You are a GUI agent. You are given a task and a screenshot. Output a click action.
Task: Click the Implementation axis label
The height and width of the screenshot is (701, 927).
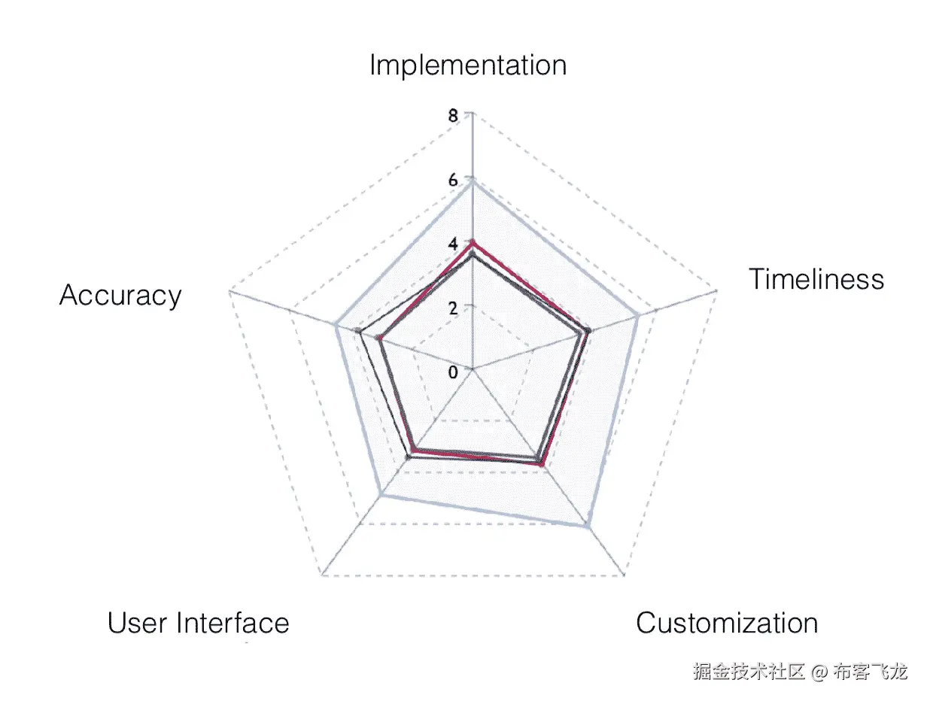(467, 65)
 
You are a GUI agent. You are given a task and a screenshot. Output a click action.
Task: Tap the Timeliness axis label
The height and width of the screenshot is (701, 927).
(816, 280)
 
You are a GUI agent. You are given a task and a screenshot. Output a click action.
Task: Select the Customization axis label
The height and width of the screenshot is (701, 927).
(727, 624)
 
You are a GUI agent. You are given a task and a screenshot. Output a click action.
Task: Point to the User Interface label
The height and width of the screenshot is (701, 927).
(198, 624)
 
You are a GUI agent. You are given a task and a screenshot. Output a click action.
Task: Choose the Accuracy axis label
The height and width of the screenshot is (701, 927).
(120, 295)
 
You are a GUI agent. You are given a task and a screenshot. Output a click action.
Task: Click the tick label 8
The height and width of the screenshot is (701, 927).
(452, 117)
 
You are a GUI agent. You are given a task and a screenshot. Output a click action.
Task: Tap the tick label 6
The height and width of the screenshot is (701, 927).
(452, 181)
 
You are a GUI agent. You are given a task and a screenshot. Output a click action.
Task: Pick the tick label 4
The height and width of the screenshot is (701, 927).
(452, 244)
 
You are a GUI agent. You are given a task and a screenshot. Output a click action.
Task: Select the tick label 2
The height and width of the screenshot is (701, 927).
(452, 308)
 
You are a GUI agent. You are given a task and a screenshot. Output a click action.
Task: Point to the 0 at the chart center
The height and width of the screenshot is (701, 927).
(452, 373)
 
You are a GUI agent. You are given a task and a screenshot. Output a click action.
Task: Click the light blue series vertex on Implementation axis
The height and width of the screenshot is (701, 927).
(472, 180)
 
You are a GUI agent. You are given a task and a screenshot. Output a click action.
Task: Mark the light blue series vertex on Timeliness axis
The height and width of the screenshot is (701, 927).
(639, 314)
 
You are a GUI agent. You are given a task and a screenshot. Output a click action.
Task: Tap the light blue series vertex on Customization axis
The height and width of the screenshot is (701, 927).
(588, 527)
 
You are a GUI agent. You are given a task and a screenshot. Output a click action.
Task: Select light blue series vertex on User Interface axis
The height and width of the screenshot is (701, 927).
(383, 495)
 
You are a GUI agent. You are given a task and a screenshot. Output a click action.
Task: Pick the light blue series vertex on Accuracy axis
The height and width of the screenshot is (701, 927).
(337, 326)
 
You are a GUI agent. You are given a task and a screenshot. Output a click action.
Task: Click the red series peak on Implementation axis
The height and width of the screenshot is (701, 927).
(472, 242)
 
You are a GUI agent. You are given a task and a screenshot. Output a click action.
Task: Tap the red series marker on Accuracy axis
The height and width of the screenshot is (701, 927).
(381, 339)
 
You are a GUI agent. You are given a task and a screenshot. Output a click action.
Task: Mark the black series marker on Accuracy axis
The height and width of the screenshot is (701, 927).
(359, 332)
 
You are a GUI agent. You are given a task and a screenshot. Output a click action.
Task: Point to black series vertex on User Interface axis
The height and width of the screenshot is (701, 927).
(409, 457)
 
